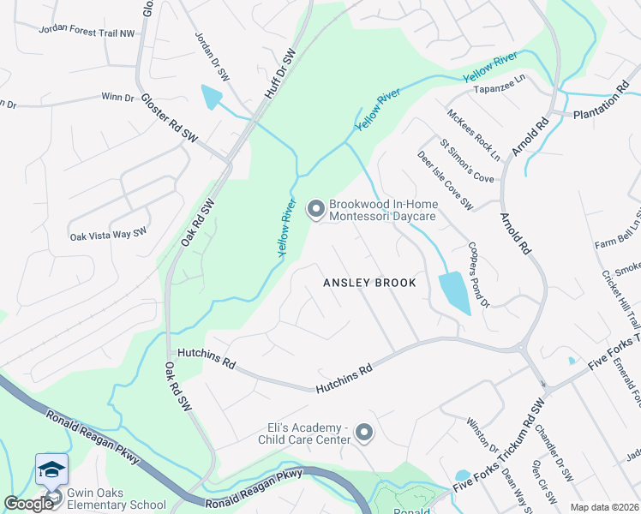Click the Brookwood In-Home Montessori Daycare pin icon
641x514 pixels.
pos(315,209)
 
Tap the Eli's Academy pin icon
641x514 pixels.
pos(365,433)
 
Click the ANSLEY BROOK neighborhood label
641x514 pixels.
pos(369,283)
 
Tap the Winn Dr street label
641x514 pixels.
pos(118,98)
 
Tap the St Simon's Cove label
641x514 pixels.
pos(467,161)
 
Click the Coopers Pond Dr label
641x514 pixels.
pos(478,274)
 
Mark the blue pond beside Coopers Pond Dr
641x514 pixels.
pos(453,293)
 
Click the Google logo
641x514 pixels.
pos(27,504)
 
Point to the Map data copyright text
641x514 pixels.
pos(603,507)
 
